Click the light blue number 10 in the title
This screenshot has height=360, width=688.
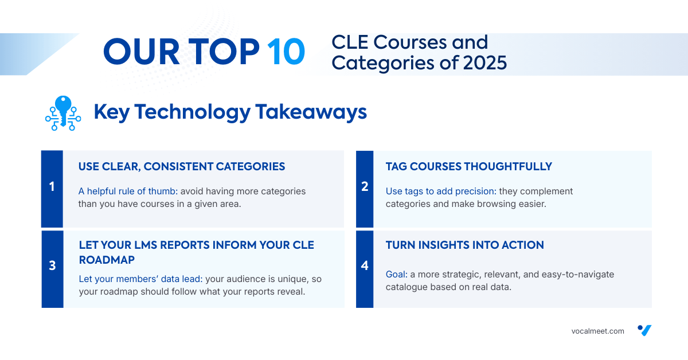pyautogui.click(x=286, y=51)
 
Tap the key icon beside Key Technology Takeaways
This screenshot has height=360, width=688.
pyautogui.click(x=63, y=113)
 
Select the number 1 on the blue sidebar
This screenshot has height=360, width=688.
pyautogui.click(x=52, y=186)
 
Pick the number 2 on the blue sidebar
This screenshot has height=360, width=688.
pyautogui.click(x=365, y=186)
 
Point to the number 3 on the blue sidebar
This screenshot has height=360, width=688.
pyautogui.click(x=52, y=265)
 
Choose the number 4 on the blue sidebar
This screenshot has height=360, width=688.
pyautogui.click(x=365, y=265)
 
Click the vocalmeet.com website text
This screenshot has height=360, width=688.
pyautogui.click(x=597, y=331)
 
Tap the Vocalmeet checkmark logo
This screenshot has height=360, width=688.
pyautogui.click(x=644, y=330)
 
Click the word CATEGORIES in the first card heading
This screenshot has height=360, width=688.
pyautogui.click(x=251, y=166)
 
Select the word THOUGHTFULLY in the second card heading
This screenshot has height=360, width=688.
pyautogui.click(x=508, y=166)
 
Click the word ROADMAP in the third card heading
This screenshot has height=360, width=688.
pyautogui.click(x=107, y=260)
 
